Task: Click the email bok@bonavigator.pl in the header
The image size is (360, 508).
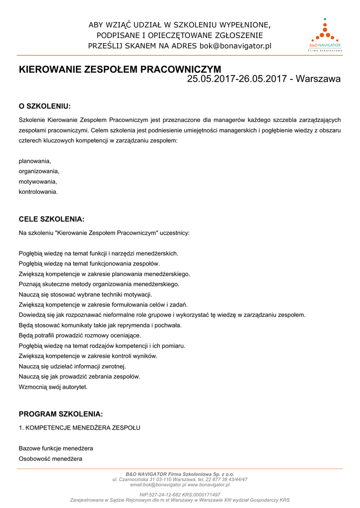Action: [x=235, y=46]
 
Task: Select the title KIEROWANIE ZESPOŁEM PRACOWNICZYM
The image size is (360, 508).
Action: [x=120, y=69]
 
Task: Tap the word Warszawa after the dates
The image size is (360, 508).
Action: [x=318, y=79]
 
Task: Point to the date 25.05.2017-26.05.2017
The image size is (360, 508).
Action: [x=237, y=79]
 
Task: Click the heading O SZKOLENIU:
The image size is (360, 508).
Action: [x=45, y=106]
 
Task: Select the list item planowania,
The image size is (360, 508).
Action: [x=35, y=161]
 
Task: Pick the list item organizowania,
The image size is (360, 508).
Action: [x=39, y=171]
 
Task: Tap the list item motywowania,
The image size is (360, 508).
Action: [x=38, y=182]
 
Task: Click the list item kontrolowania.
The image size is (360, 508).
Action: [x=38, y=191]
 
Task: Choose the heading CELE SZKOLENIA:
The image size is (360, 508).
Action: [x=52, y=219]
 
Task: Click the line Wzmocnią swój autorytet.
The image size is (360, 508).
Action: [x=53, y=386]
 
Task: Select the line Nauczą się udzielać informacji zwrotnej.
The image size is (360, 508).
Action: [x=72, y=366]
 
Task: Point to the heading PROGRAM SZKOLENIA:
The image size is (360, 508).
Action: [x=61, y=414]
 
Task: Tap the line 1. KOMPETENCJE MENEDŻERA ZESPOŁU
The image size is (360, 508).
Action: [x=79, y=427]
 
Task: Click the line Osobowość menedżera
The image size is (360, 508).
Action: [x=51, y=458]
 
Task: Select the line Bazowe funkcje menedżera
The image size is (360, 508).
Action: [x=56, y=448]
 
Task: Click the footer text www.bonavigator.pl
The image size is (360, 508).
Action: [x=209, y=485]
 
